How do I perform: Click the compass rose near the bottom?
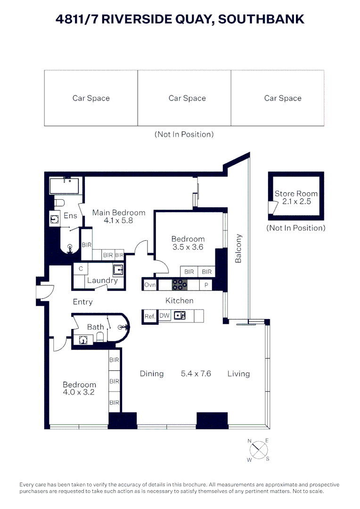point(259,450)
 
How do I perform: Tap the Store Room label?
point(296,194)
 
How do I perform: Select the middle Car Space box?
point(184,98)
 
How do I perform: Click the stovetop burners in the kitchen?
point(180,285)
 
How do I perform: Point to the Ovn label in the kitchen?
point(150,285)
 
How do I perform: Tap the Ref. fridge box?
point(150,316)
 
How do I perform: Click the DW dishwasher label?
point(164,315)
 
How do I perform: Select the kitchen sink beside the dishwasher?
point(180,315)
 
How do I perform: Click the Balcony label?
point(238,248)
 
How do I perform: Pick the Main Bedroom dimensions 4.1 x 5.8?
point(118,221)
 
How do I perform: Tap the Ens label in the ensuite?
point(70,215)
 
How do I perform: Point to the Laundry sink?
point(118,270)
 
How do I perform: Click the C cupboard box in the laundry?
point(81,269)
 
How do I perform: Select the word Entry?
point(83,302)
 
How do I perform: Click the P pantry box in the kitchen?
point(206,285)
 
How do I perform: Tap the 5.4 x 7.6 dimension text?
point(196,374)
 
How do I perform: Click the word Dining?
point(152,374)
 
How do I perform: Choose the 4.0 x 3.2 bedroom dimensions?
point(79,392)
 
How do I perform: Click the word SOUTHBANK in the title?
point(261,19)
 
